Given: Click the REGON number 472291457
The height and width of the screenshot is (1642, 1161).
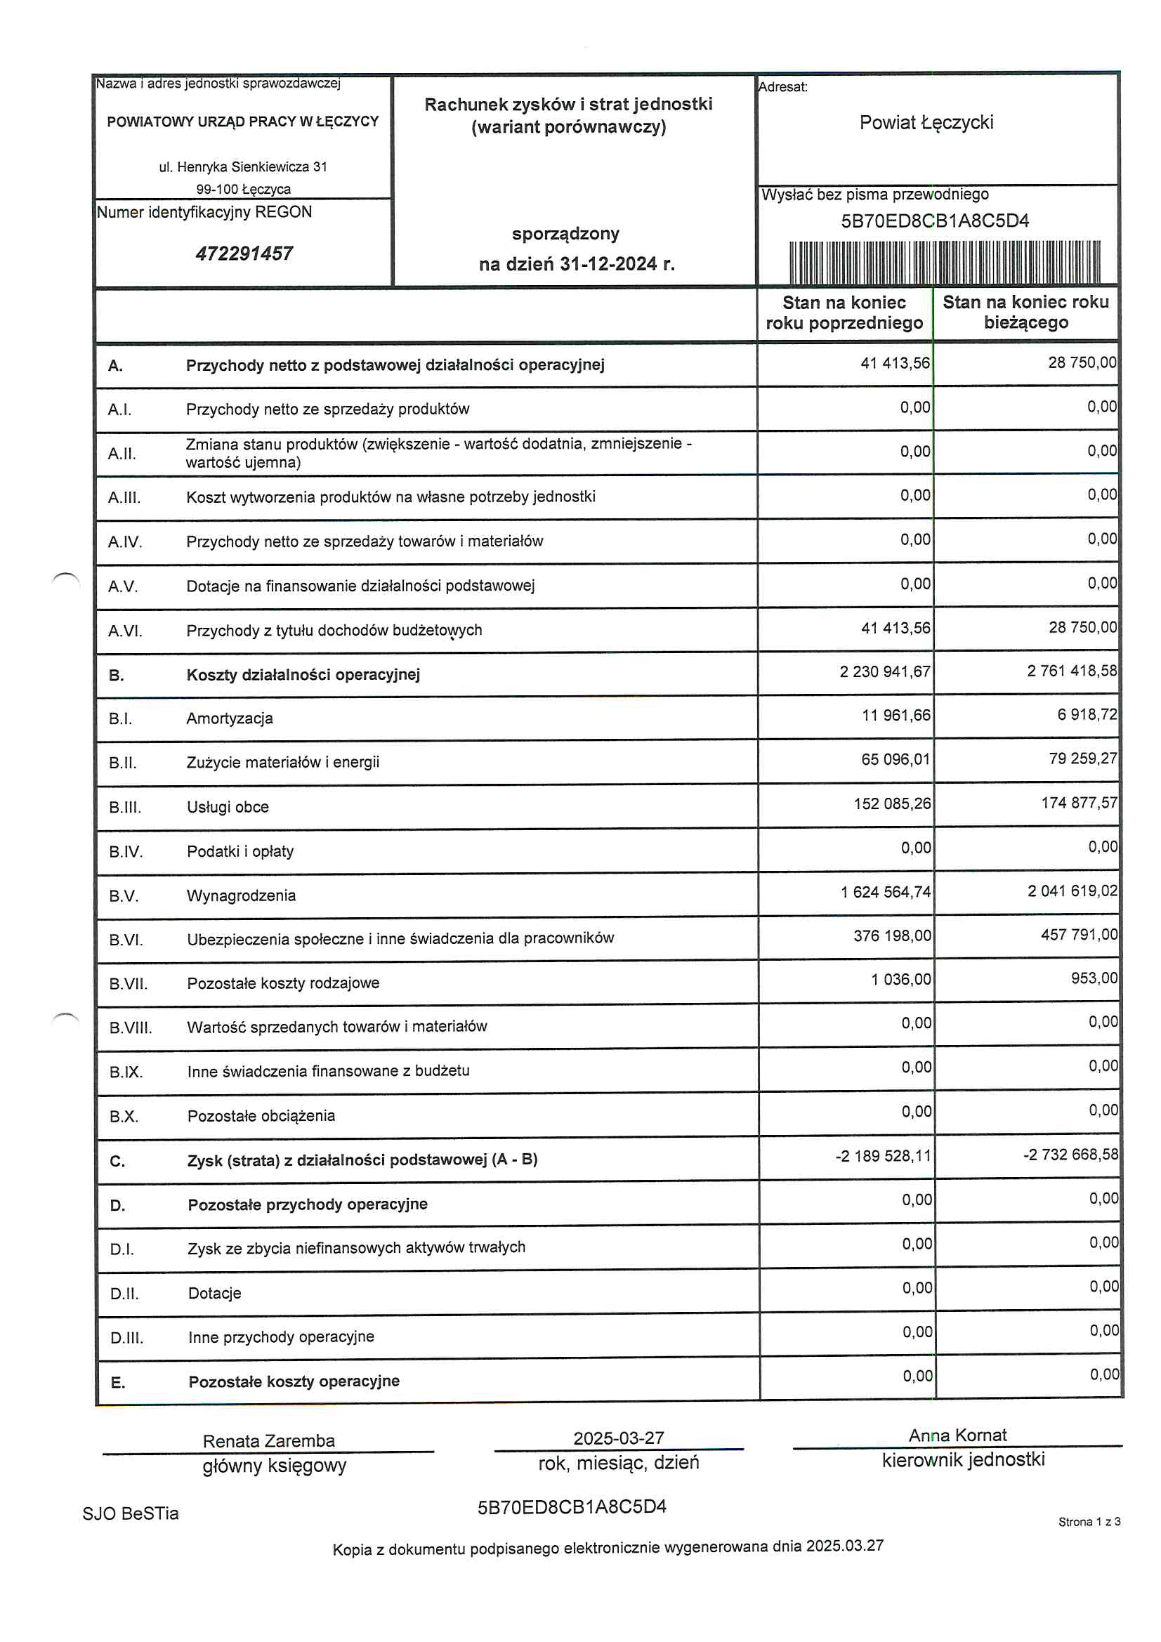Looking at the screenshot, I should tap(244, 253).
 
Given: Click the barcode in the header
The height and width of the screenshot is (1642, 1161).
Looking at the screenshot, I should tap(943, 263).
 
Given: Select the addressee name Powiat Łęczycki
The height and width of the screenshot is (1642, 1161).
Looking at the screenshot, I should tap(926, 122).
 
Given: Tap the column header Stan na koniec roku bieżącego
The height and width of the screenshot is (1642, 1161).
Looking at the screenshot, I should tap(1025, 312).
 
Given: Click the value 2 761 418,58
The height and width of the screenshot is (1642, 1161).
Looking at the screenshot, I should tap(1071, 671).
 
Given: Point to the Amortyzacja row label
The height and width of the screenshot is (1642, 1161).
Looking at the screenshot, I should tap(230, 718).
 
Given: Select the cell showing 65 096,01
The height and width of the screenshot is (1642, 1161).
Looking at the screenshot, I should tap(895, 758).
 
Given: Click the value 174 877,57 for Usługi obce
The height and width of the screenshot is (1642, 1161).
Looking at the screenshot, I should tap(1078, 803).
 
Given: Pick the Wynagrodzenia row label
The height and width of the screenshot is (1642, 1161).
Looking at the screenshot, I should tap(241, 895).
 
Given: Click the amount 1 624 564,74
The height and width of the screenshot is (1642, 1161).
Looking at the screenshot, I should tap(885, 892).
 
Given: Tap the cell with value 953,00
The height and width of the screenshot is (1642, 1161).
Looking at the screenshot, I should tap(1093, 978).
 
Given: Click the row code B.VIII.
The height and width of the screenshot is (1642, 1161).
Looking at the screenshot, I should tap(130, 1027).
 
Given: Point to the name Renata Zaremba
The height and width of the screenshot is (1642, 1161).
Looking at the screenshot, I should tap(268, 1440).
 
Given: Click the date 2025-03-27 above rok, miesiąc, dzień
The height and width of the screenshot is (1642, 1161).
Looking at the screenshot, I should tap(618, 1438).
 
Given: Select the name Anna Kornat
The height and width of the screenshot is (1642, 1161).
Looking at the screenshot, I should tap(957, 1435).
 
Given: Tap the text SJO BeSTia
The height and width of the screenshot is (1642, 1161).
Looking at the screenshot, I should tap(130, 1513).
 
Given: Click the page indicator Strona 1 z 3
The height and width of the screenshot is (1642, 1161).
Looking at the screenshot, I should tap(1088, 1521).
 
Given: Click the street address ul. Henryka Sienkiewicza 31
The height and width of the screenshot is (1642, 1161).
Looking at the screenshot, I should tap(242, 166).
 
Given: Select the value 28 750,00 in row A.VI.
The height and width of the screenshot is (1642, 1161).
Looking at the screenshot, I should tap(1082, 627).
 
